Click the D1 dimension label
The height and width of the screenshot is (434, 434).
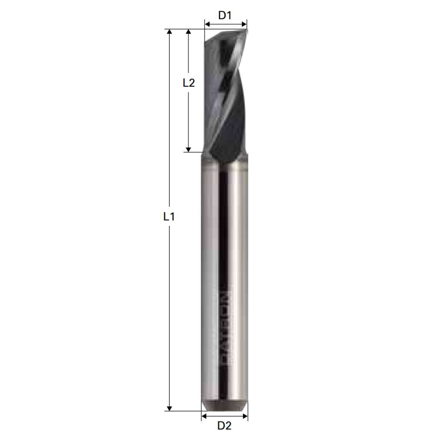click(x=225, y=16)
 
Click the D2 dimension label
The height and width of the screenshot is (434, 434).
click(x=224, y=425)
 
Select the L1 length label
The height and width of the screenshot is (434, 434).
click(x=169, y=217)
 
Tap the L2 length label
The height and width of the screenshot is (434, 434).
click(x=188, y=82)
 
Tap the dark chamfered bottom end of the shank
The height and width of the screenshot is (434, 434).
click(x=225, y=406)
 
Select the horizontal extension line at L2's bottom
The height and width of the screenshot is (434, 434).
click(x=193, y=152)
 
